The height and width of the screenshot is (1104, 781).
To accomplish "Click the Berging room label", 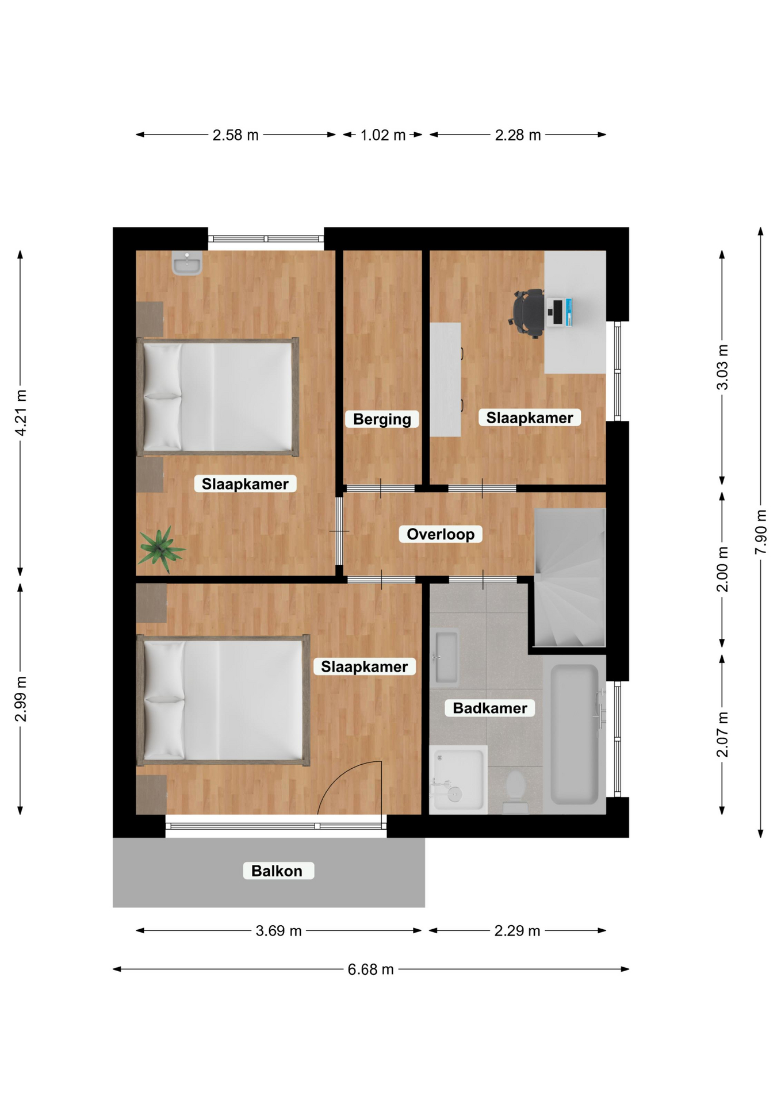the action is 382,419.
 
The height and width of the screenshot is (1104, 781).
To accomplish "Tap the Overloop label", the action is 441,534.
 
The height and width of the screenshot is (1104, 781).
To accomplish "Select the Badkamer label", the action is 490,708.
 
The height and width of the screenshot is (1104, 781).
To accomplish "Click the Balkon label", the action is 277,871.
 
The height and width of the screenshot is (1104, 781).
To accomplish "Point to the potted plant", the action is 161,549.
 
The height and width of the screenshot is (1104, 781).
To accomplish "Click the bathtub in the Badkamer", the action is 575,734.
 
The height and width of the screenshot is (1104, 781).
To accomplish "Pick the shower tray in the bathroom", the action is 458,780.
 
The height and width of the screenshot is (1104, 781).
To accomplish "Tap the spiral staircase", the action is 570,577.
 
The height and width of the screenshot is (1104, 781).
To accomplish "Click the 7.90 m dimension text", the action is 761,532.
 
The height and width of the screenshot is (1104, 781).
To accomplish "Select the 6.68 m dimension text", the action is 370,969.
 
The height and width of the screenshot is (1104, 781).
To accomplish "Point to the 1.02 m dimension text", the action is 383,135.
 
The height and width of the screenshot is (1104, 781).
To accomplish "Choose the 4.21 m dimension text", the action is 21,413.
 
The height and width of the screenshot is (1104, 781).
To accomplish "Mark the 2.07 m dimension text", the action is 722,734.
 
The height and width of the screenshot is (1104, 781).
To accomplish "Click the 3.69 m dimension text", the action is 278,930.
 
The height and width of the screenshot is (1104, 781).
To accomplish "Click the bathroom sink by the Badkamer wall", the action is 446,657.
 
